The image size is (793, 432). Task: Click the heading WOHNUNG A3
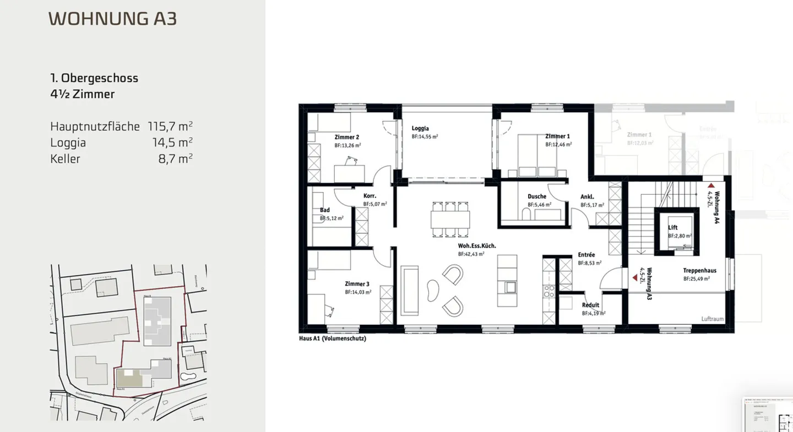pos(112,19)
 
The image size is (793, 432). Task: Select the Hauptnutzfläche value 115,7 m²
pos(170,127)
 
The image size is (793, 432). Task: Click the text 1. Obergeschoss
pos(94,78)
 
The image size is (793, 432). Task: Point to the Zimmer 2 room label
pos(347,137)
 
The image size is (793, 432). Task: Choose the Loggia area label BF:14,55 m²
pos(425,136)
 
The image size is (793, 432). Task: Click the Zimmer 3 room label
pos(357,284)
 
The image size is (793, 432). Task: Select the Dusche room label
pos(536,196)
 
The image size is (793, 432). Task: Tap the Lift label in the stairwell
pos(673,227)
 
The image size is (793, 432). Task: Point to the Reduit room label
pos(591,305)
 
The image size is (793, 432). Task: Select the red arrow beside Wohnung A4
pos(711,186)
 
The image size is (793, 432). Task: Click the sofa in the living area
pos(410,291)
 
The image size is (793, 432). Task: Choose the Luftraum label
pos(712,319)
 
